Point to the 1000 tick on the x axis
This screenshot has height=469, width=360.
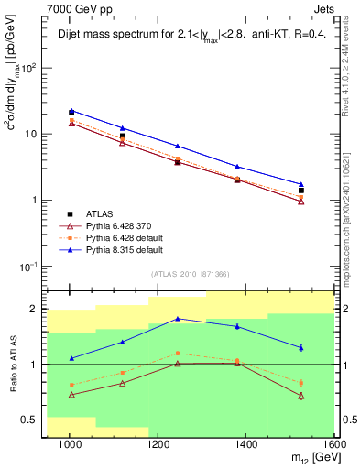click(x=70, y=443)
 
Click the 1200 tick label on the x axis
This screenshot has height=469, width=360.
click(x=158, y=443)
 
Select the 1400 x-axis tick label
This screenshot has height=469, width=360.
click(x=247, y=443)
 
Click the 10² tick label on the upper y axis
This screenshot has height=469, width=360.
click(x=31, y=69)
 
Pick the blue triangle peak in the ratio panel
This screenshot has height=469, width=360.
click(x=178, y=318)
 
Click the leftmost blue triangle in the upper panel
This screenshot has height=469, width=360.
click(x=71, y=110)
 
